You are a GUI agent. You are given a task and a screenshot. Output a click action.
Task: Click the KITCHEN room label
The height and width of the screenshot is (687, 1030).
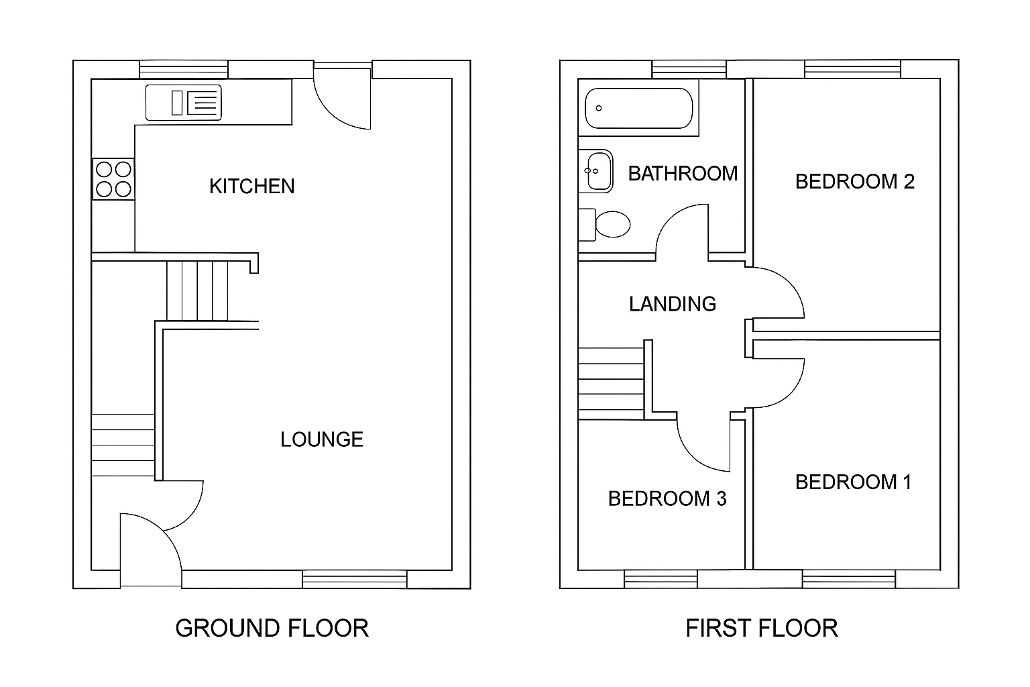251,186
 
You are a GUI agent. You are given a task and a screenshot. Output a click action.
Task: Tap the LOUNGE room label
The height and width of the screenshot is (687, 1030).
321,439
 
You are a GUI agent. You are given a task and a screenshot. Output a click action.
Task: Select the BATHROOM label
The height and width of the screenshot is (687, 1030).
683,174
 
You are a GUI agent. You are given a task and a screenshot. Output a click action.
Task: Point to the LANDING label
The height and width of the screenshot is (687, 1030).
672,304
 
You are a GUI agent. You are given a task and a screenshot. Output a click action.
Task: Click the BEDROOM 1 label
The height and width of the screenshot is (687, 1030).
853,482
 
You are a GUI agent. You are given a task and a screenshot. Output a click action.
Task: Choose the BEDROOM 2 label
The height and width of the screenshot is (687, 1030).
854,182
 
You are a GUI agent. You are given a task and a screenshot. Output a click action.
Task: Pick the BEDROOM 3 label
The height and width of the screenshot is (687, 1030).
667,498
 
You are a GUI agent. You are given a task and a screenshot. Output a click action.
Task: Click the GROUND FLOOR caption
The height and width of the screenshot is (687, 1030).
272,628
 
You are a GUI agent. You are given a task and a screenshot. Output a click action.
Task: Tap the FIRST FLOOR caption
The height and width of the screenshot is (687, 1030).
761,628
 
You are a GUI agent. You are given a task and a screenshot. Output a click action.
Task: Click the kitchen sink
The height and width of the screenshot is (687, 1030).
183,103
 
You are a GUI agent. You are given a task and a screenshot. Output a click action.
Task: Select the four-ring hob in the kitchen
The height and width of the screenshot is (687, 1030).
113,179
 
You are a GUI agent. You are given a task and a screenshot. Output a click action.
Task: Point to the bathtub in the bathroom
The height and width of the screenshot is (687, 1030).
638,108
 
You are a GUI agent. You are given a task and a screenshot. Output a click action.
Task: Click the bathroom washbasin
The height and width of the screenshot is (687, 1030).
596,170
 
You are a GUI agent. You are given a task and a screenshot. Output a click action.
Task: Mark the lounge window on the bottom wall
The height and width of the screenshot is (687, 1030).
354,579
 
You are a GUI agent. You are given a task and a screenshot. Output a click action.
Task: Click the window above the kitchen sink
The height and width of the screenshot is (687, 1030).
184,70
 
